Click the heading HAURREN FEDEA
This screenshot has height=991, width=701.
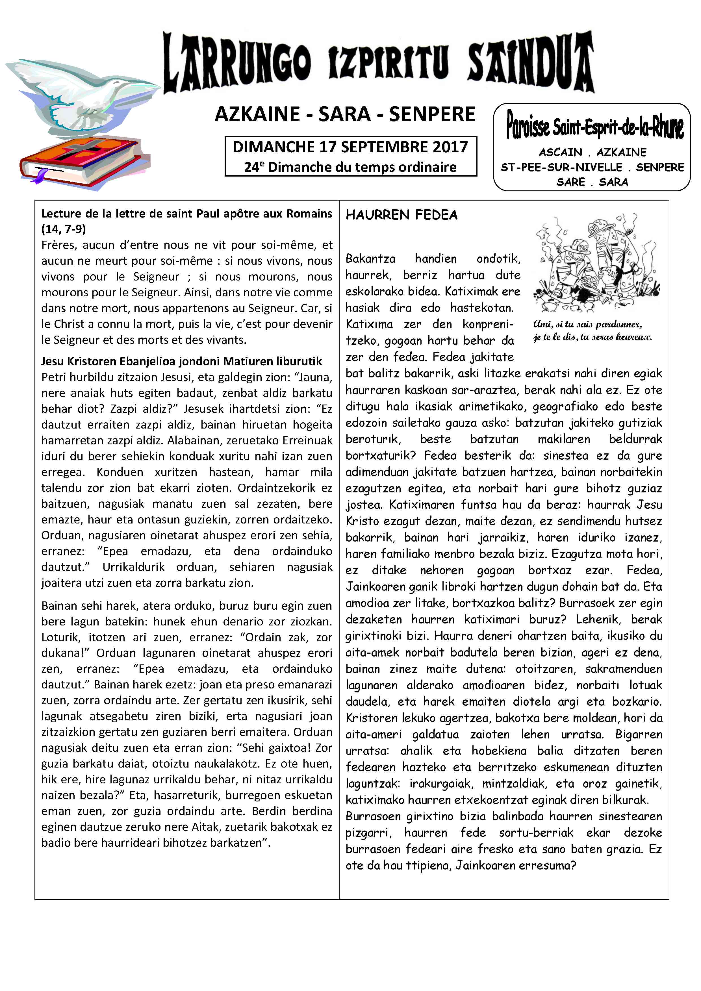coord(401,215)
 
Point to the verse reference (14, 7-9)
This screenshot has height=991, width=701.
coord(64,229)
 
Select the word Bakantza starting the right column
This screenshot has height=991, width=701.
coord(370,258)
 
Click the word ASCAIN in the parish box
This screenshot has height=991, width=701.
coord(560,152)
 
